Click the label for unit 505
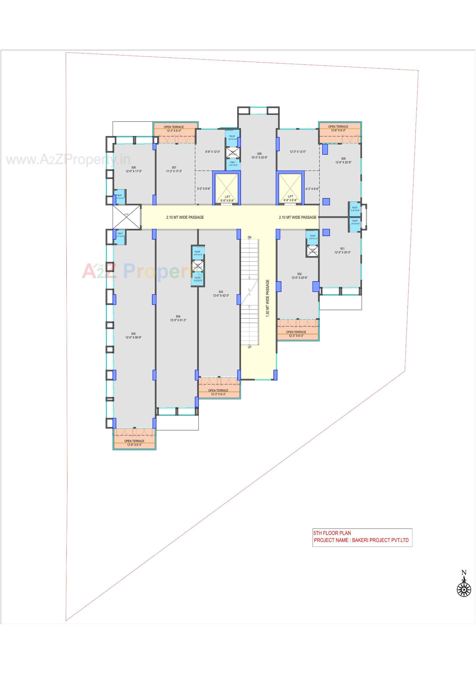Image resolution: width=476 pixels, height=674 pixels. click(x=133, y=334)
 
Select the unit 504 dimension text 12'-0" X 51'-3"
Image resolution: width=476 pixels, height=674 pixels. click(x=178, y=320)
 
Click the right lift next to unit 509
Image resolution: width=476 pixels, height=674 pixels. click(x=290, y=188)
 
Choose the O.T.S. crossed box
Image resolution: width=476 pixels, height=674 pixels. click(x=127, y=217)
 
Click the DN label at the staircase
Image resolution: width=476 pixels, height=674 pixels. click(x=249, y=237)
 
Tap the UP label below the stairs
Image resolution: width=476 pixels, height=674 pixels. click(x=249, y=347)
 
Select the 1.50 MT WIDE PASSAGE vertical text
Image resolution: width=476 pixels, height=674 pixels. click(x=267, y=298)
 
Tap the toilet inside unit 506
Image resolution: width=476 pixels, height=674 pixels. click(x=119, y=197)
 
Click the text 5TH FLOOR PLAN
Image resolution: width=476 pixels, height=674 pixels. click(x=332, y=533)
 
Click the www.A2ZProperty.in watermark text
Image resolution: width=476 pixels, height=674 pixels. click(x=68, y=160)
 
